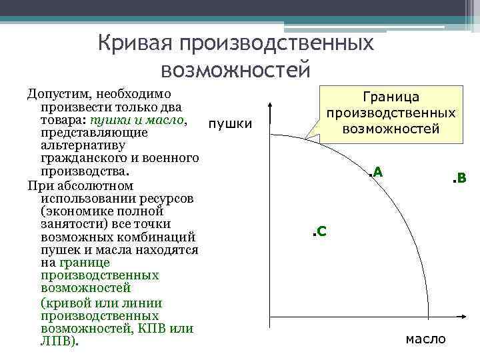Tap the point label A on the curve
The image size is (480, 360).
378,171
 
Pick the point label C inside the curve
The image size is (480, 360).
321,231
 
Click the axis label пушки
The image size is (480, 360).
230,123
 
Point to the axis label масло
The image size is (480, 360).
425,339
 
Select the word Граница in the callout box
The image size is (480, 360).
391,97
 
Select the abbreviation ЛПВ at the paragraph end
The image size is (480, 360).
58,341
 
